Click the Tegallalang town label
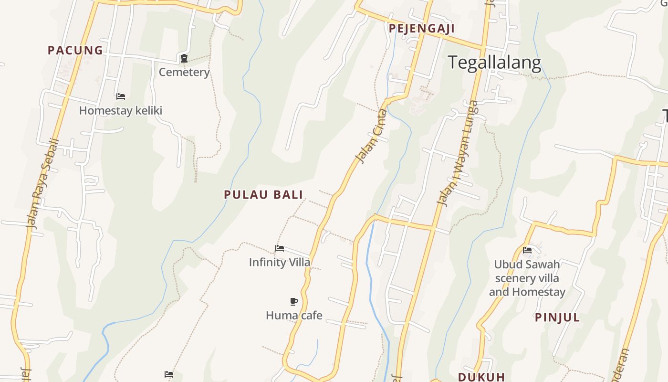[494, 63]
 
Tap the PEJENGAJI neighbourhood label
[421, 29]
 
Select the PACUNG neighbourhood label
[75, 50]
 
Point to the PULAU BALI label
[263, 194]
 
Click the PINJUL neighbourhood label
[557, 318]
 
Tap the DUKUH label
[481, 377]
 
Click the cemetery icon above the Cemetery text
[184, 58]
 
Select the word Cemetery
[184, 72]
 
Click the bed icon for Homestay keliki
[121, 96]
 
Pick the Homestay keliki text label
[121, 111]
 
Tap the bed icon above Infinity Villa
[280, 248]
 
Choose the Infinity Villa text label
[280, 262]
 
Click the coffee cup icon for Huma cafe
[294, 301]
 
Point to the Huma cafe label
[294, 315]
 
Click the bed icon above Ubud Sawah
[527, 250]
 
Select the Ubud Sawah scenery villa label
[527, 278]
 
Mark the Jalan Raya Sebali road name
[42, 183]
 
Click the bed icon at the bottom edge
[169, 374]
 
